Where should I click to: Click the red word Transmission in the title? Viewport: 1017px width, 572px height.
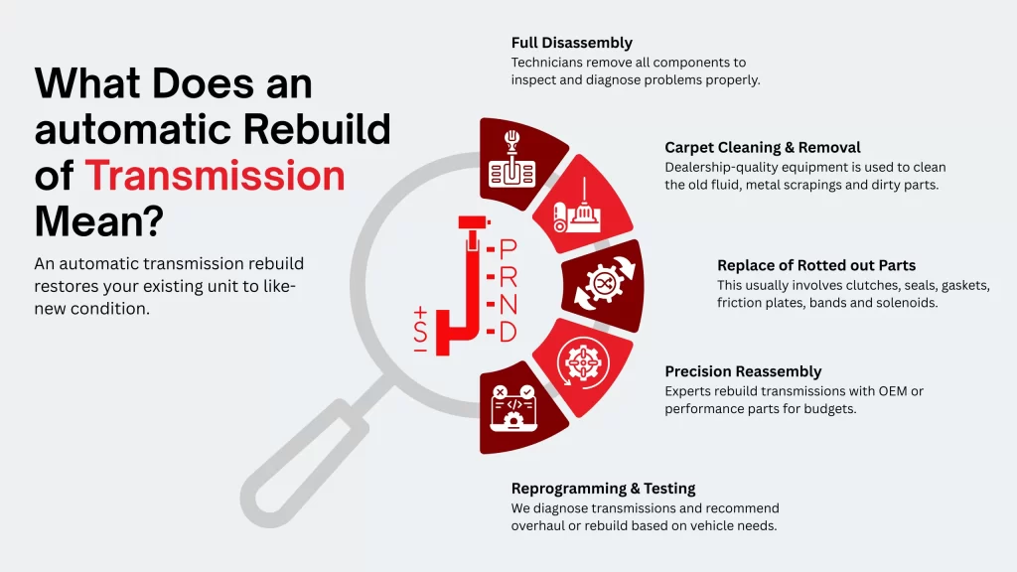pos(216,176)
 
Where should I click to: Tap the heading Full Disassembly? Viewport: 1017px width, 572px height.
pos(571,43)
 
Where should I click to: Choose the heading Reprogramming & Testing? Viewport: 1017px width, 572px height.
pos(603,489)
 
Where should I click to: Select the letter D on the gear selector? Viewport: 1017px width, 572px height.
pos(508,333)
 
